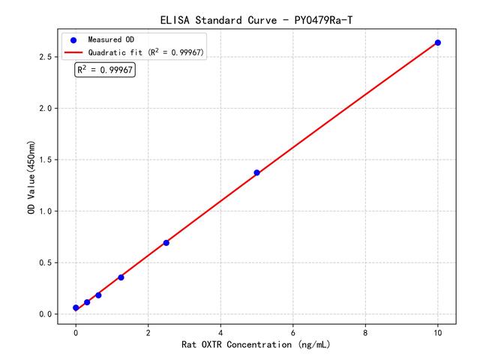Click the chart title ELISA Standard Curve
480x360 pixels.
point(256,19)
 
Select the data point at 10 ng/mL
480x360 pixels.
point(438,43)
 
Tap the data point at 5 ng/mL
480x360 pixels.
point(256,172)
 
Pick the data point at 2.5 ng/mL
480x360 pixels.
point(166,242)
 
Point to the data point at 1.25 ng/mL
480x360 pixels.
point(121,277)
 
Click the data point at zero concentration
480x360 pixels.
point(76,307)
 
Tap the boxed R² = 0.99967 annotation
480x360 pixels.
point(105,70)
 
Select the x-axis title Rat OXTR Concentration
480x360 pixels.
point(256,345)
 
